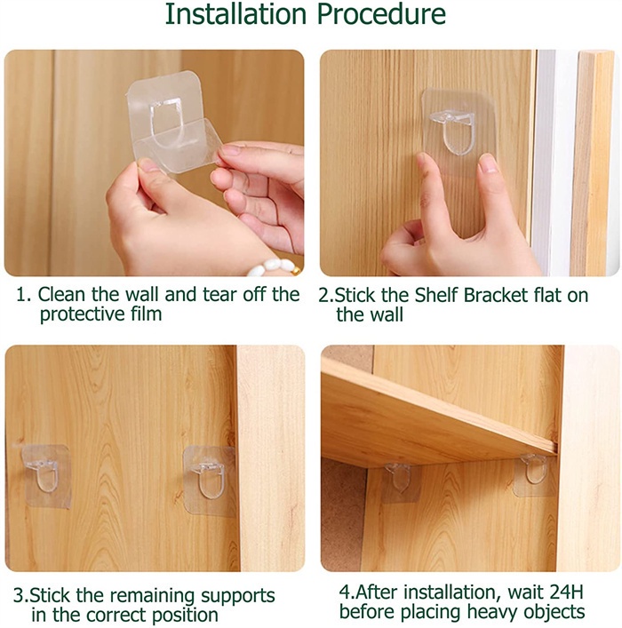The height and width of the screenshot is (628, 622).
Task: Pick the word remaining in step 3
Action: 148,595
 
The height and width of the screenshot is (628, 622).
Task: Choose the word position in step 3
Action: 186,615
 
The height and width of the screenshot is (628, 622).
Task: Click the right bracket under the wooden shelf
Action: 536,471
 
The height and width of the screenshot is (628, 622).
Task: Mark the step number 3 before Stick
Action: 18,595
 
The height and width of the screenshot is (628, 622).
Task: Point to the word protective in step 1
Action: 81,314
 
